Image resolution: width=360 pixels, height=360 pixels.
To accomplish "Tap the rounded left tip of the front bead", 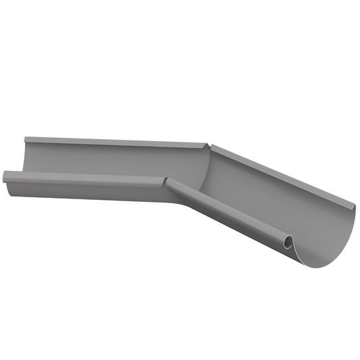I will coord(5,177).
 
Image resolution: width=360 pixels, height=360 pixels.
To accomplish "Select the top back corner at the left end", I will coord(25,139).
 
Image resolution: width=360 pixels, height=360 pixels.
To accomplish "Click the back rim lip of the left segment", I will coord(115,141).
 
